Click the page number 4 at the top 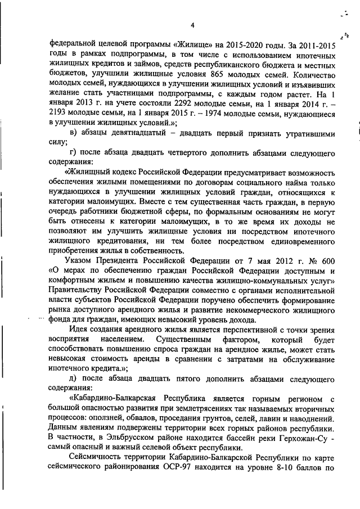192,25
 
